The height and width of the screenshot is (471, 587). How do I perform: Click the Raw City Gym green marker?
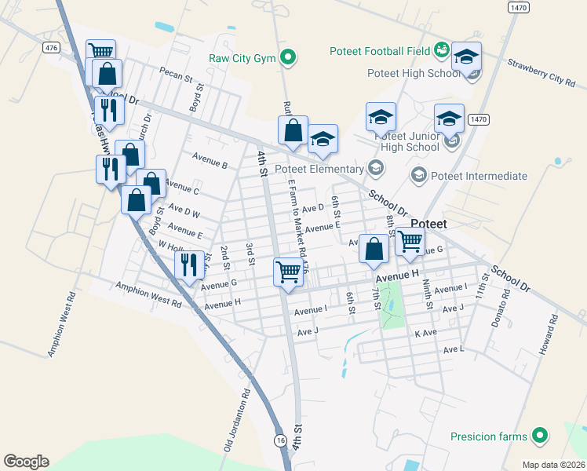click(288, 57)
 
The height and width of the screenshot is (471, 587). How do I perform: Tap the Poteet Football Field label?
click(379, 52)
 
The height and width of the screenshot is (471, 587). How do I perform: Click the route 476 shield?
click(52, 48)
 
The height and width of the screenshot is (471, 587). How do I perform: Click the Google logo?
click(26, 462)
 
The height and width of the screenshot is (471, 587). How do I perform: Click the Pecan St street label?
click(176, 77)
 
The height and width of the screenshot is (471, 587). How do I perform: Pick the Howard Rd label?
click(547, 336)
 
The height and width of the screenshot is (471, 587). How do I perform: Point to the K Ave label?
click(425, 333)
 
